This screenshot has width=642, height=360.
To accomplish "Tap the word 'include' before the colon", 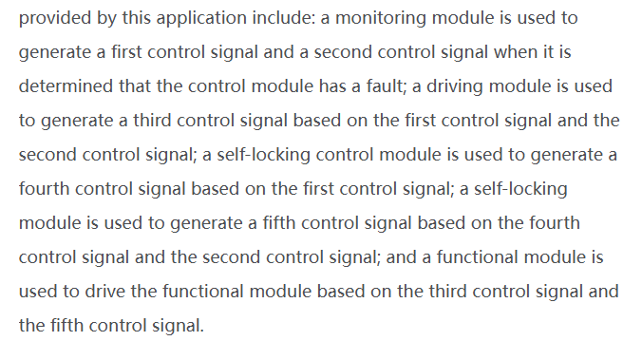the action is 282,18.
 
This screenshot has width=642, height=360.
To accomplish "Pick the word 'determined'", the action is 66,86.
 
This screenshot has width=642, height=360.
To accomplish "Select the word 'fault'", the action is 385,86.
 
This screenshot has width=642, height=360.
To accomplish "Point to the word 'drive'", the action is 104,292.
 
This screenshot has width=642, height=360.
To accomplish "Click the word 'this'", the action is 137,18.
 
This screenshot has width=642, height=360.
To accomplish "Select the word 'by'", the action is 106,18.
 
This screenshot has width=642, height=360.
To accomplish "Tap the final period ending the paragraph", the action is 201,331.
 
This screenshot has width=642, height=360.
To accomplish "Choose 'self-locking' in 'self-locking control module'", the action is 263,155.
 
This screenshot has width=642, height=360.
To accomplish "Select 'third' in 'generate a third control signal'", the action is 152,121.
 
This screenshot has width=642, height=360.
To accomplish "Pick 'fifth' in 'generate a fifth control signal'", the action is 279,223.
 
